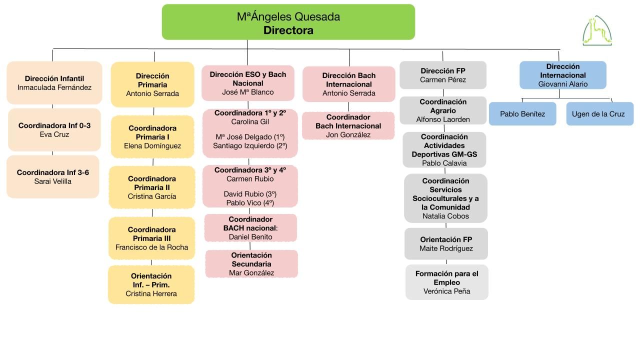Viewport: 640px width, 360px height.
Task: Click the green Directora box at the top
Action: (288, 22)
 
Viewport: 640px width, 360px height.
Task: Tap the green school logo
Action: (597, 31)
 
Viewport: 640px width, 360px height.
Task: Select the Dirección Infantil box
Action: (54, 83)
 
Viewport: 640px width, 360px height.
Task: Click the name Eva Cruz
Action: (54, 134)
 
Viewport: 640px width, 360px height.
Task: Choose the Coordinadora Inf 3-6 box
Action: (53, 177)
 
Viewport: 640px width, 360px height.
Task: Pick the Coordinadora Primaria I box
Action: (152, 137)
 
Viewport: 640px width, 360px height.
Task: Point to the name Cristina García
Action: (152, 196)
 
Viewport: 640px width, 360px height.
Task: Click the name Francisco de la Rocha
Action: (151, 247)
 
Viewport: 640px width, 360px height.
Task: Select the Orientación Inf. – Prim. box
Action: (151, 284)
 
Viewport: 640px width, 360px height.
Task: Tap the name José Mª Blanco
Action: (248, 92)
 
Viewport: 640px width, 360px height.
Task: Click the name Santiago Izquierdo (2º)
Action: (250, 146)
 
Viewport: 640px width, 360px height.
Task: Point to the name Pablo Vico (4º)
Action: (250, 203)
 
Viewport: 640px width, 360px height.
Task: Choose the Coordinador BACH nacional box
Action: (250, 228)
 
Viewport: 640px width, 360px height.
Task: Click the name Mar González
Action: (251, 273)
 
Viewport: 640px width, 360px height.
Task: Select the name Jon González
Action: (348, 135)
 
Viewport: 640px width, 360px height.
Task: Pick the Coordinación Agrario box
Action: (443, 110)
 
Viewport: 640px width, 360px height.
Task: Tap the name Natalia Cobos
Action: (445, 216)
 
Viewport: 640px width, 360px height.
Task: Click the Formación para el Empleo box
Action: (447, 282)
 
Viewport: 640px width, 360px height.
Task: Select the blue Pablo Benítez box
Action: (522, 113)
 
